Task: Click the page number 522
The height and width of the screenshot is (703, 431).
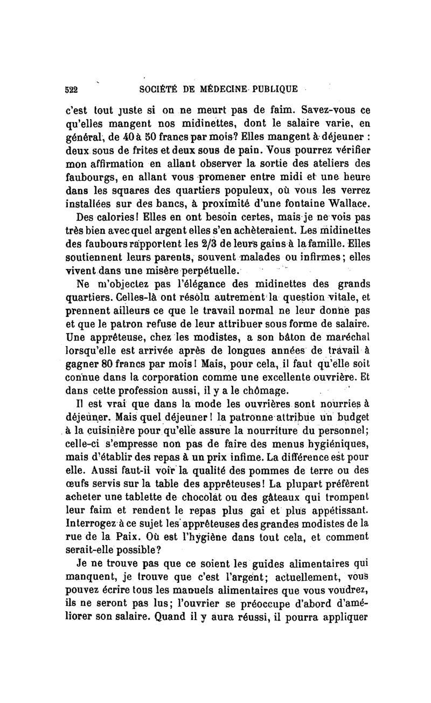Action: pyautogui.click(x=70, y=89)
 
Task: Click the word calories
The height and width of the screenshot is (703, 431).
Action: pyautogui.click(x=119, y=218)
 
